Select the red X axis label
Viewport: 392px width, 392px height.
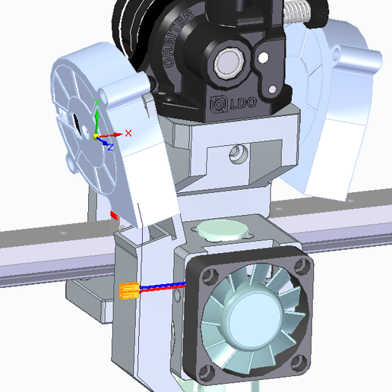(128, 133)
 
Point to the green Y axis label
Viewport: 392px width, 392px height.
(96, 100)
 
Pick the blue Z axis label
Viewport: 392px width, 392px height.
(110, 145)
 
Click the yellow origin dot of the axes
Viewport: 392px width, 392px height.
(96, 137)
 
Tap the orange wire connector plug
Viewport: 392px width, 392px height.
(128, 290)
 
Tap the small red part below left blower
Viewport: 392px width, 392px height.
(115, 215)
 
